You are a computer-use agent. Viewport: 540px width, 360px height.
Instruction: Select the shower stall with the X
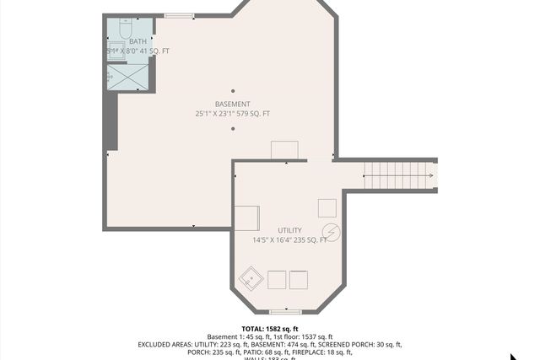tap(130, 77)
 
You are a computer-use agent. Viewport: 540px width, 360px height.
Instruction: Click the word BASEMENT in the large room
tap(232, 104)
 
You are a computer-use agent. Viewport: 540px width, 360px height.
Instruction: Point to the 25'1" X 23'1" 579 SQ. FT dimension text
tap(232, 114)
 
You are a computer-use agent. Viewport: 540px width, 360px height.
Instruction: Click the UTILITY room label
tap(289, 230)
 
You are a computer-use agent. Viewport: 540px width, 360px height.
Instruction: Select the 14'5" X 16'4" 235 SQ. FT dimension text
tap(289, 240)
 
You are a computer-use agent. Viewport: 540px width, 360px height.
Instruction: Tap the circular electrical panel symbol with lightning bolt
tap(331, 231)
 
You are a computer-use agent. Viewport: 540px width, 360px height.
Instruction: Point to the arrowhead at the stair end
tap(430, 176)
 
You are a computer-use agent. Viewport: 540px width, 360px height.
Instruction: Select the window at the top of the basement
tap(178, 15)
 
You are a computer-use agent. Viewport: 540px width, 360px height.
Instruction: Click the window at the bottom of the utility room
tap(285, 311)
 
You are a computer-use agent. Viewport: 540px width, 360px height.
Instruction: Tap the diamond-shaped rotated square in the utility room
tap(251, 276)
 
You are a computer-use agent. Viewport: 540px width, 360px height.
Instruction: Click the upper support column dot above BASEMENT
tap(233, 90)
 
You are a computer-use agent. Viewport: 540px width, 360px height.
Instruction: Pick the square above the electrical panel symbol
tap(327, 207)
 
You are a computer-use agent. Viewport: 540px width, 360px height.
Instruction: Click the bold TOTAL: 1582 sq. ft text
tap(270, 329)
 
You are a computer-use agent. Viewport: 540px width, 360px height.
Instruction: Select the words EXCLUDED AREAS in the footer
tap(165, 344)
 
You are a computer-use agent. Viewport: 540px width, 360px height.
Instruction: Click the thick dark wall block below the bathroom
tap(110, 122)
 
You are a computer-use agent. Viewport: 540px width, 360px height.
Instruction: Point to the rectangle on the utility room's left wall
tap(247, 218)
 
